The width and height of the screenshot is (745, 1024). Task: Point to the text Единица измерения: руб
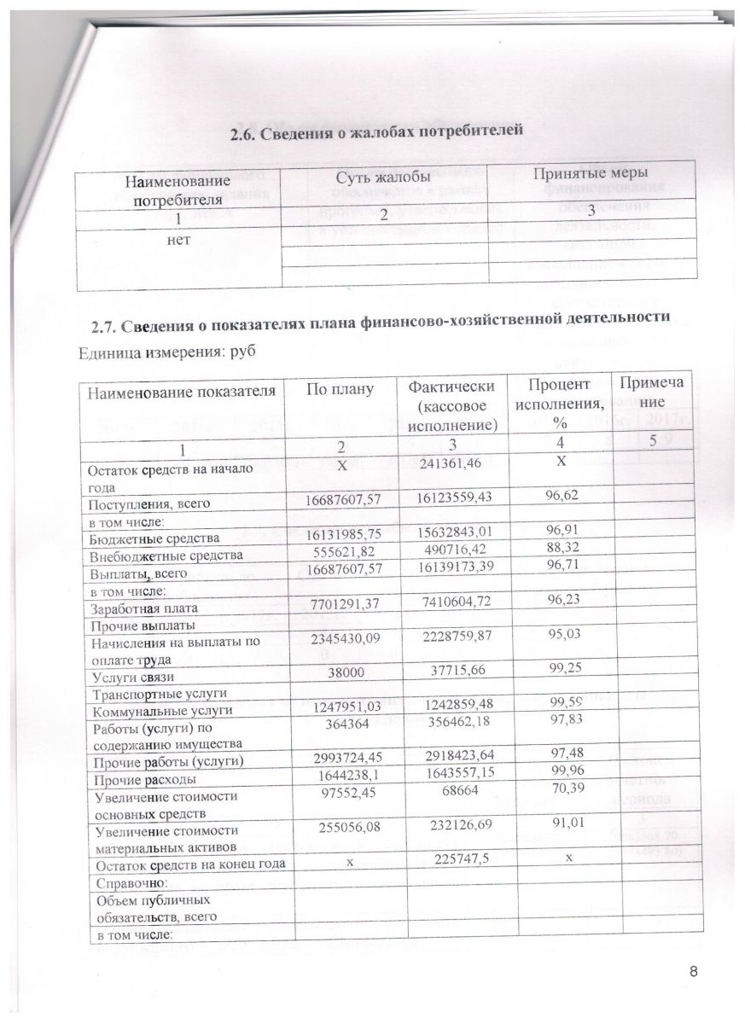168,352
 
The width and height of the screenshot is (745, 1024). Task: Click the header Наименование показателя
179,392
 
